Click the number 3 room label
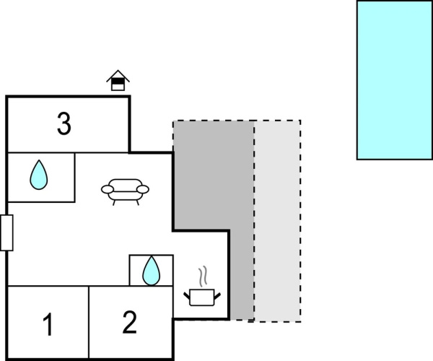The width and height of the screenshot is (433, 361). pyautogui.click(x=64, y=123)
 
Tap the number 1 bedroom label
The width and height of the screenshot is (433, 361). pyautogui.click(x=48, y=324)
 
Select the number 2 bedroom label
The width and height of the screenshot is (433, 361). pyautogui.click(x=129, y=322)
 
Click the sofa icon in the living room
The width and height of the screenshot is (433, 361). pyautogui.click(x=125, y=191)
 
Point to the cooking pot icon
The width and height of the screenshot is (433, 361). pyautogui.click(x=202, y=297)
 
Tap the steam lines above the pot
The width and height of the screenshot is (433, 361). pyautogui.click(x=203, y=277)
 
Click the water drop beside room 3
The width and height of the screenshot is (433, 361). pyautogui.click(x=39, y=175)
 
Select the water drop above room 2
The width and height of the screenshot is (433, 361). pyautogui.click(x=151, y=271)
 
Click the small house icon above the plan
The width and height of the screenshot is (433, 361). pyautogui.click(x=118, y=80)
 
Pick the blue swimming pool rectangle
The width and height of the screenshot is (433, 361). pyautogui.click(x=395, y=80)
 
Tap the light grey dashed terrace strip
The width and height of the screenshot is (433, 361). pyautogui.click(x=277, y=221)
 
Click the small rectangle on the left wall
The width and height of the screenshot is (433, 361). pyautogui.click(x=6, y=232)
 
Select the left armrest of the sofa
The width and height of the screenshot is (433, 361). pyautogui.click(x=107, y=189)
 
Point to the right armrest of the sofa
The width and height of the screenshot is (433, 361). pyautogui.click(x=143, y=189)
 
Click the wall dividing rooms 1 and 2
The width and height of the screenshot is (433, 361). pyautogui.click(x=89, y=322)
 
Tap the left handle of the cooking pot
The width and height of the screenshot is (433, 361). pyautogui.click(x=187, y=296)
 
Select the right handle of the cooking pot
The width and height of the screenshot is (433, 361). pyautogui.click(x=217, y=296)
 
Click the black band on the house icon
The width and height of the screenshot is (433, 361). pyautogui.click(x=118, y=81)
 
